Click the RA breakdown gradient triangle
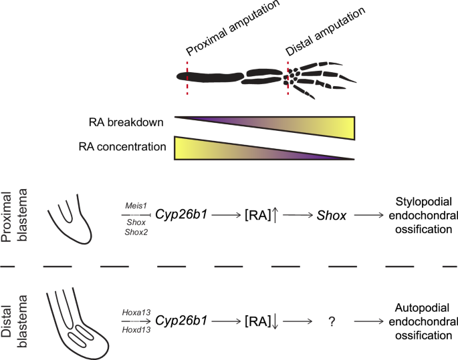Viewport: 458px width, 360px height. (301, 128)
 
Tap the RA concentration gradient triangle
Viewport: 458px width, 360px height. (227, 148)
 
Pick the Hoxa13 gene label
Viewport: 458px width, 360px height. (135, 311)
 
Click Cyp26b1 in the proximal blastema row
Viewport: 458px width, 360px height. (181, 215)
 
